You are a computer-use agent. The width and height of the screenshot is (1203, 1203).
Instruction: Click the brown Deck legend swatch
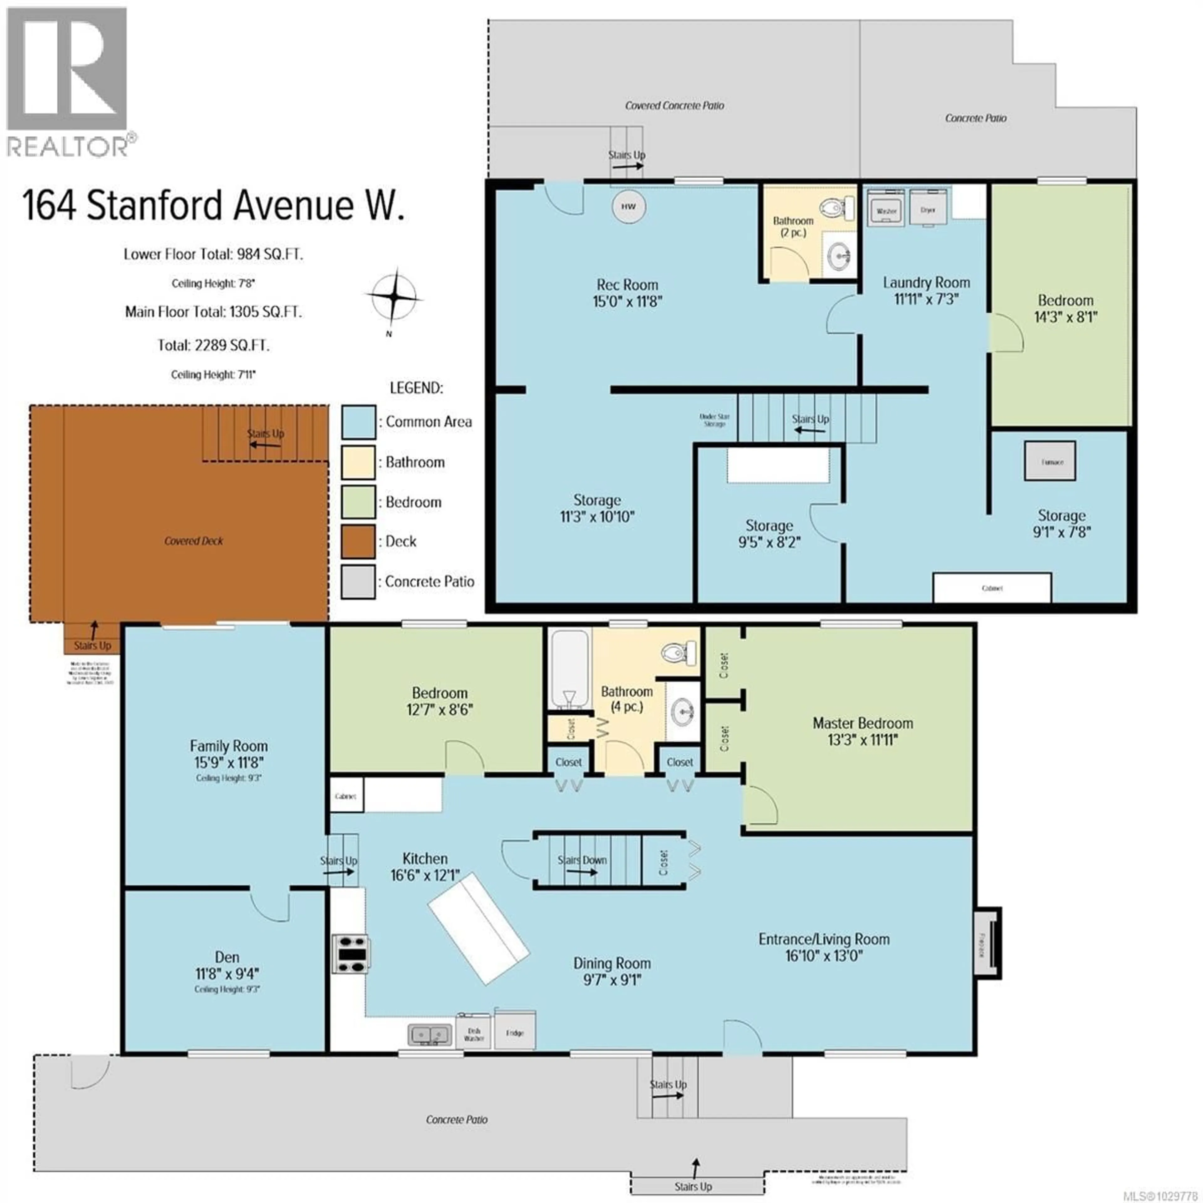coord(358,541)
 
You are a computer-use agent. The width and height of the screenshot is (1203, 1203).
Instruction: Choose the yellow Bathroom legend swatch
coord(358,462)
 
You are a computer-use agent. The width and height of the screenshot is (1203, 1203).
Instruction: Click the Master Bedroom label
coord(862,723)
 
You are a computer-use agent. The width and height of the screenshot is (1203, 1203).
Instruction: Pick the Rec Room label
coord(627,284)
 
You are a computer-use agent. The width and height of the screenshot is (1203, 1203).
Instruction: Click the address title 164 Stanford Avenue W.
coord(213,206)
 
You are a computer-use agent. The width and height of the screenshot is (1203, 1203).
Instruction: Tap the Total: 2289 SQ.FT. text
coord(213,345)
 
